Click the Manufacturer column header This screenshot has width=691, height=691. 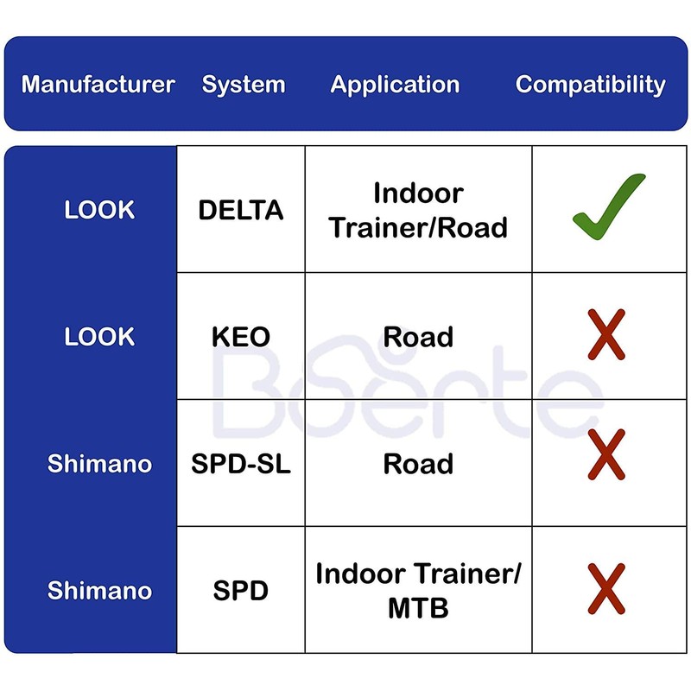(98, 85)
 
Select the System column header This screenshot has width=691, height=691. (244, 85)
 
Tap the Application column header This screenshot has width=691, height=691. (395, 85)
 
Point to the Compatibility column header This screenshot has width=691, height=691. (591, 85)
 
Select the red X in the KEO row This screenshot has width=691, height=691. (605, 336)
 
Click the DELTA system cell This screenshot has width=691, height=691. (241, 210)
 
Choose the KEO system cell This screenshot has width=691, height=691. (241, 337)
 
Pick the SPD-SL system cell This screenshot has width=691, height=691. (241, 464)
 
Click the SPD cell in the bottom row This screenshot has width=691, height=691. (241, 591)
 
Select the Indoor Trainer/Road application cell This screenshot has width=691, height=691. (418, 210)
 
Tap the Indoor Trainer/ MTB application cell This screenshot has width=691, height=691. (418, 591)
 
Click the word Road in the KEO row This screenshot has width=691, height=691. (418, 337)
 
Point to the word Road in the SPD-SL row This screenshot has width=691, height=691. (418, 464)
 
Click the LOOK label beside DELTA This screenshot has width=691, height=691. (99, 210)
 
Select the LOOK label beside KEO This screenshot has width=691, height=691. (99, 337)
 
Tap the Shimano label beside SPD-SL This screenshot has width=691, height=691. (99, 464)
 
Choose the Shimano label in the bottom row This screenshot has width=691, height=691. (99, 591)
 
